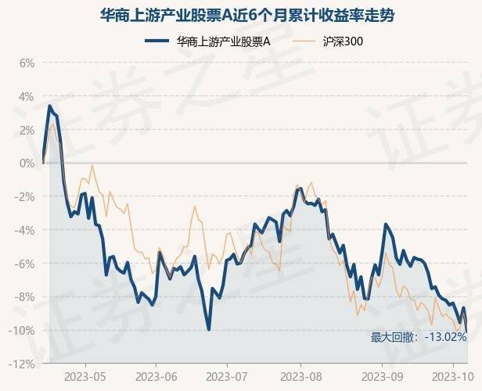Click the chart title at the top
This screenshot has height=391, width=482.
[x=241, y=14]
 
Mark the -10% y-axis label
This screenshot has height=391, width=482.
[x=23, y=331]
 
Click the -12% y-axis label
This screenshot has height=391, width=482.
[x=23, y=364]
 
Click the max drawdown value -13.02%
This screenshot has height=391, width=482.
[x=445, y=337]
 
